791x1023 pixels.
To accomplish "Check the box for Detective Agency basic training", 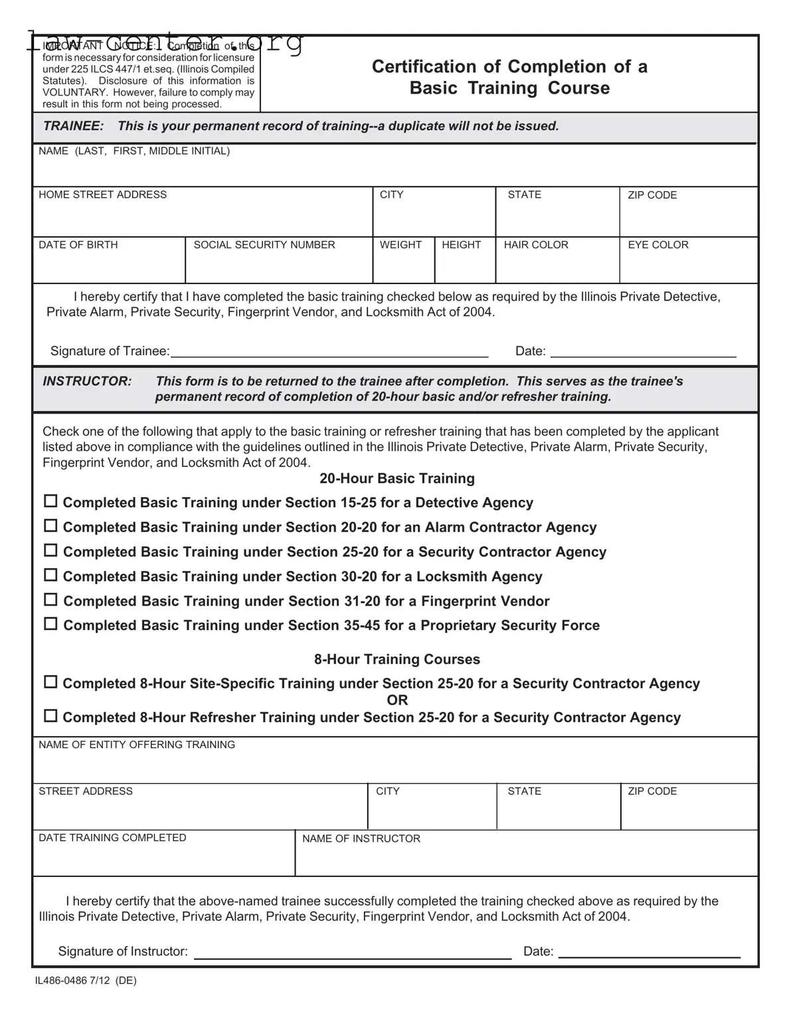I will (50, 502).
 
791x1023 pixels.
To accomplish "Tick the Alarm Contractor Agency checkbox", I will (50, 526).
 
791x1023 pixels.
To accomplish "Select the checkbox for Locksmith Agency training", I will (50, 576).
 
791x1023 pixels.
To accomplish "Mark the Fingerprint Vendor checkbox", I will (50, 600).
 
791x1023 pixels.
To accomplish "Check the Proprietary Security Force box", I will (50, 625).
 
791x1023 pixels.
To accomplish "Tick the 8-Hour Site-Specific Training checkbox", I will (50, 682).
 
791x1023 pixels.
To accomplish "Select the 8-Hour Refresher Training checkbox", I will (50, 716).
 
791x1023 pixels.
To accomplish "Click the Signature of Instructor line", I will (352, 953).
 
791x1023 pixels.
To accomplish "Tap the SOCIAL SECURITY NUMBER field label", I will (264, 245).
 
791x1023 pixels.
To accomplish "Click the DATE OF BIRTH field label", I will (78, 245).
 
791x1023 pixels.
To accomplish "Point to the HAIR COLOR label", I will (536, 245).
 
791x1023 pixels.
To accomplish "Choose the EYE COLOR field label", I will (658, 245).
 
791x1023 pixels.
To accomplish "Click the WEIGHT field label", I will (400, 245).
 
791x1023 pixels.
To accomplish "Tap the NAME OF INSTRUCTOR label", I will (361, 839).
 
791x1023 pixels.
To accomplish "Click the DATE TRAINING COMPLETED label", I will (112, 838).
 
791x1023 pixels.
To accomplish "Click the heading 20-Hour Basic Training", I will (397, 479).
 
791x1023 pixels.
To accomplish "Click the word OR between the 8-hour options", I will (397, 700).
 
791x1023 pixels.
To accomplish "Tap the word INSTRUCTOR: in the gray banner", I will (87, 381).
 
